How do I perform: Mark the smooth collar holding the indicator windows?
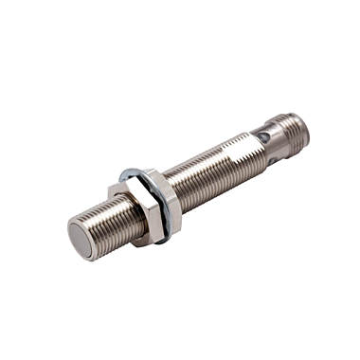coord(267,146)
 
